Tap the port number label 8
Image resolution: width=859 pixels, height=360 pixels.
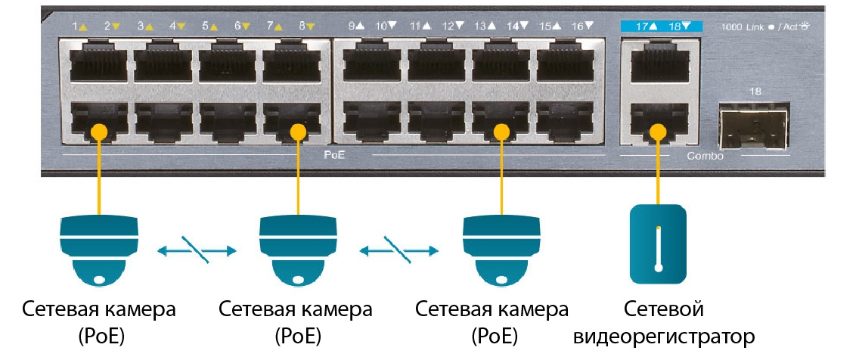click(302, 26)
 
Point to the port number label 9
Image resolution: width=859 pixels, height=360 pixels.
click(352, 26)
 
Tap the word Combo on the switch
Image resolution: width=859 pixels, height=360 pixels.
click(704, 157)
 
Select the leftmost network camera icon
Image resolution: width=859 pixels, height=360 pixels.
click(99, 249)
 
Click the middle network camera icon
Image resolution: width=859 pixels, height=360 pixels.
click(297, 249)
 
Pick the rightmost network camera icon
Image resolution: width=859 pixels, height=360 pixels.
click(501, 249)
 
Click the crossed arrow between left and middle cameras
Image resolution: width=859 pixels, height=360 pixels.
click(196, 249)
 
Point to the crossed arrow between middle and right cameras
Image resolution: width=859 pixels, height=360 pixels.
click(399, 249)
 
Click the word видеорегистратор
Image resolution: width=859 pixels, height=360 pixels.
click(665, 335)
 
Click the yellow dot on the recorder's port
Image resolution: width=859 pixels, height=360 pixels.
click(658, 130)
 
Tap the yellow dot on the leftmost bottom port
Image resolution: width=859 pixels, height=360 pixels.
click(97, 130)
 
